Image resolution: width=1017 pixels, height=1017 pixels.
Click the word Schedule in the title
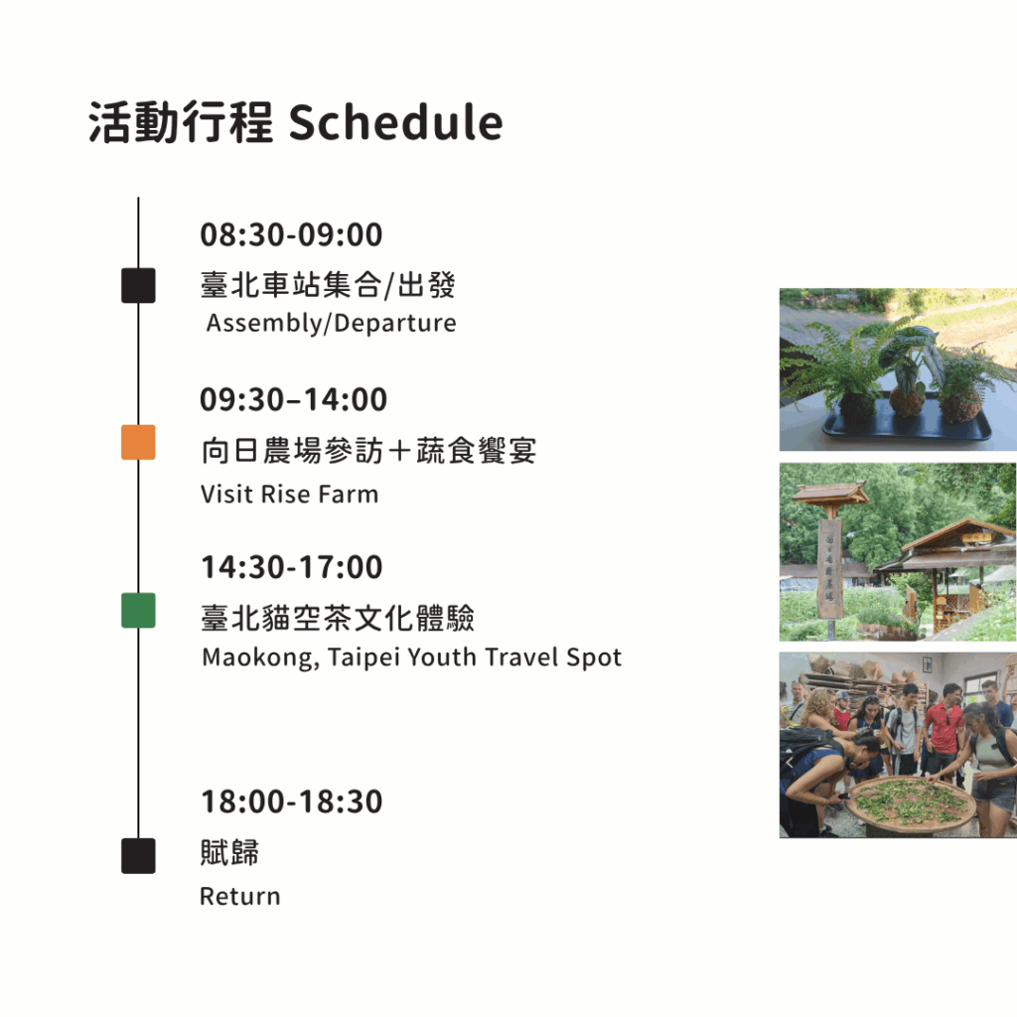pos(395,122)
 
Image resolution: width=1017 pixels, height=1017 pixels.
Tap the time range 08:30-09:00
pos(291,234)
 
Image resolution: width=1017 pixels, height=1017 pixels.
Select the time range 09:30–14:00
pos(293,399)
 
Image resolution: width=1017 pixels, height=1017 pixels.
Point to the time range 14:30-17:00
pos(292,567)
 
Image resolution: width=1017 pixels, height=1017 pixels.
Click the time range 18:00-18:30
pos(292,801)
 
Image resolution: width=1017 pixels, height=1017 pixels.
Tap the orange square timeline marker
pos(138,442)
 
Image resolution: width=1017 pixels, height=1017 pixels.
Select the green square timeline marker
pos(138,611)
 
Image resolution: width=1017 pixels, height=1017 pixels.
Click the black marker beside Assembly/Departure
pos(138,285)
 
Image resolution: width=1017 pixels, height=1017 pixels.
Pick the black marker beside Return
pos(138,855)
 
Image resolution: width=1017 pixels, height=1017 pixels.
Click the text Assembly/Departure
pos(332,324)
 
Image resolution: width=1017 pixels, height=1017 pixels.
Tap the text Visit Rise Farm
pos(289,495)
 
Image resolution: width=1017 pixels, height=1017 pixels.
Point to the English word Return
pos(240,897)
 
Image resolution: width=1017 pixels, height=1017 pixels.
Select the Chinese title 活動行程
pos(181,122)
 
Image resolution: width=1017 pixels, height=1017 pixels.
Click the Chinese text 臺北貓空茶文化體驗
pos(338,618)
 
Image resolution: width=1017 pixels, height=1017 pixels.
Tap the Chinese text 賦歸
pos(229,852)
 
